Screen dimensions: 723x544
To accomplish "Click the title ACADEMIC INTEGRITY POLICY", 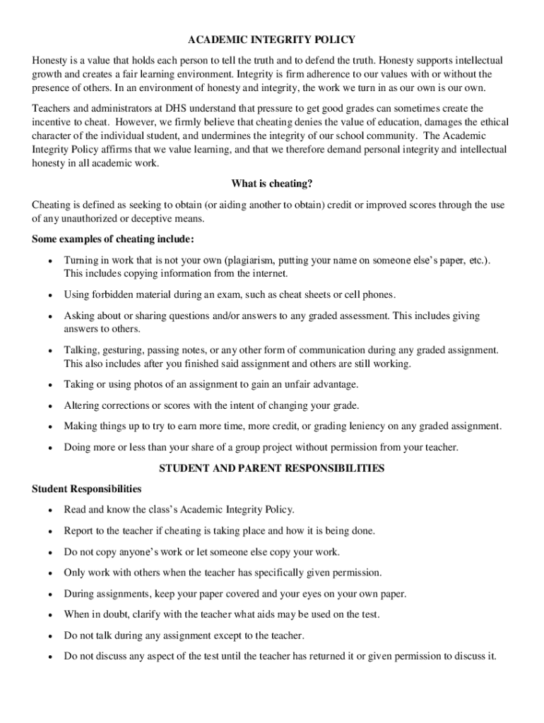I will [272, 40].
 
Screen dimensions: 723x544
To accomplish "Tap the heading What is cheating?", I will [272, 184].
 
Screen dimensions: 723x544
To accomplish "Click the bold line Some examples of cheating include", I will [113, 239].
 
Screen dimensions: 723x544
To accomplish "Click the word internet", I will [270, 273].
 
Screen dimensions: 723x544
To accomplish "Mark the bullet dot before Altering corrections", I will [49, 406].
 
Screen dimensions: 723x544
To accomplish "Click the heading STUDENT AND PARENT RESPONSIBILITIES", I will [272, 468].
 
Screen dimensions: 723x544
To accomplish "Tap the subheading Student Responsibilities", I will [87, 489].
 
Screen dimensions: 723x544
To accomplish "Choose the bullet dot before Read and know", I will [49, 510].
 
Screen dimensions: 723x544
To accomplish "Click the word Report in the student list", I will [79, 530].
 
